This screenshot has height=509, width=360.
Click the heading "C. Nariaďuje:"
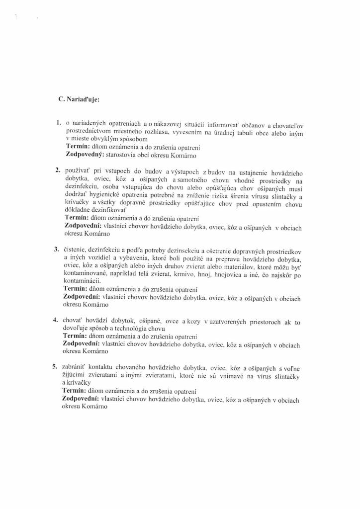(79, 99)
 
